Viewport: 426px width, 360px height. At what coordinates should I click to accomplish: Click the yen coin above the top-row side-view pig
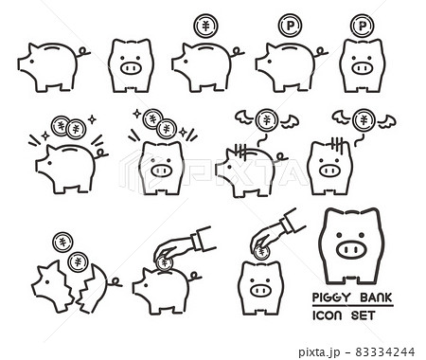coord(204,26)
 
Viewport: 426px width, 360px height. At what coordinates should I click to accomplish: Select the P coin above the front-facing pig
coord(362,26)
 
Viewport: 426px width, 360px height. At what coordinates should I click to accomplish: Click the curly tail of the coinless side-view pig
coord(83,53)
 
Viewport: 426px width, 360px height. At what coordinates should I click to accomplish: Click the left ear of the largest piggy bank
coord(328,215)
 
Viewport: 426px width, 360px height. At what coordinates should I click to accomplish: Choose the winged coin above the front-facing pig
coord(362,119)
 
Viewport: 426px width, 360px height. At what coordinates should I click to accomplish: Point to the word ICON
coord(329,315)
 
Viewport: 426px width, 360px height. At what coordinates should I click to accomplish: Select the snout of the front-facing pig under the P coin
coord(362,68)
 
